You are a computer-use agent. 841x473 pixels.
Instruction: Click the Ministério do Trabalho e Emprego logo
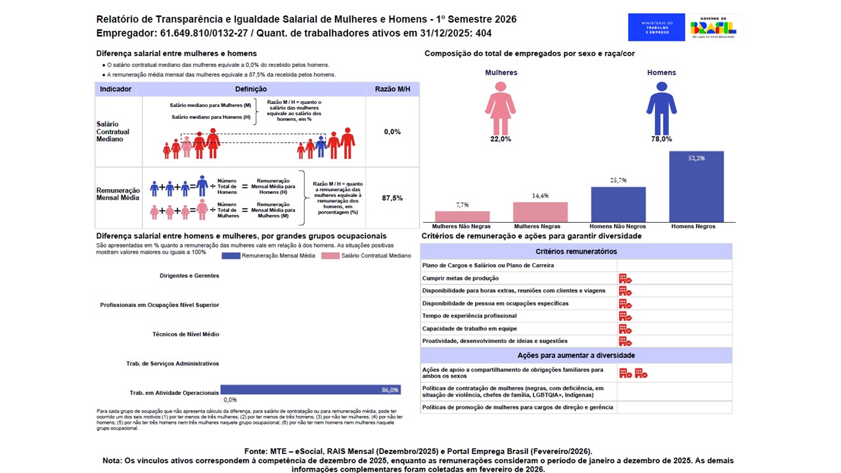(x=656, y=28)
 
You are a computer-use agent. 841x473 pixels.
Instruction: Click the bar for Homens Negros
(x=696, y=187)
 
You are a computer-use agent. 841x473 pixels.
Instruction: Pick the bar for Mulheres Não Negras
(x=462, y=216)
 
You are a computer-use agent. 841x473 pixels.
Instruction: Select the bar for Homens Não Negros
(x=618, y=204)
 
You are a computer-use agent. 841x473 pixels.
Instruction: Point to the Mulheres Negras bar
(x=540, y=212)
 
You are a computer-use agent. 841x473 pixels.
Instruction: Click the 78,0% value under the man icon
(x=661, y=139)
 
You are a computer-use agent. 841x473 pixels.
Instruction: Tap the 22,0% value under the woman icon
(x=500, y=139)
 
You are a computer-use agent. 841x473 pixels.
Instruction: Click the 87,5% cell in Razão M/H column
(x=392, y=198)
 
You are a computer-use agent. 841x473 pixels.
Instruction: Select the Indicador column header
(x=116, y=89)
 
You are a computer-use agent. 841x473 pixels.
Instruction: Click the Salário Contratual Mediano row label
(x=113, y=131)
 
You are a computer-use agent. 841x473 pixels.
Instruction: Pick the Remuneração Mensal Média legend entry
(x=269, y=256)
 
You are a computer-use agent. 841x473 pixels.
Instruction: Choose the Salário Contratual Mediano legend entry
(x=367, y=256)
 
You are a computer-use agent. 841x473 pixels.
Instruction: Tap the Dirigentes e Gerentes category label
(x=189, y=276)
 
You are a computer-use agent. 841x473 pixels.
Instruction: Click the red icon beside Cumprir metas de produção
(x=625, y=279)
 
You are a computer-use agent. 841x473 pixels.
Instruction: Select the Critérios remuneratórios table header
(x=576, y=252)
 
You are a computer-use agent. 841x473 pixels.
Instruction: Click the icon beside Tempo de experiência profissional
(x=625, y=316)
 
